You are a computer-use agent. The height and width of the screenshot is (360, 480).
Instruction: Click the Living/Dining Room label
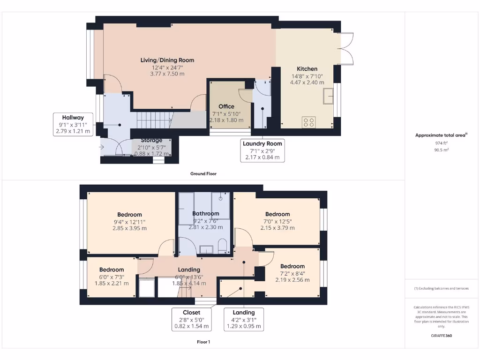tap(167, 60)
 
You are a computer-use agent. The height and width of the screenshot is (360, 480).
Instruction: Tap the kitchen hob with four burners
tap(309, 122)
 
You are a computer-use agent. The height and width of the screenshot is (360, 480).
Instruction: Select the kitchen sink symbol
tap(328, 96)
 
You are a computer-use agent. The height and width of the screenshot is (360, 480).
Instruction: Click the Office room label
tap(226, 106)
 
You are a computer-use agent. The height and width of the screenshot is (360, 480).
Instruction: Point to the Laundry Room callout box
tap(262, 150)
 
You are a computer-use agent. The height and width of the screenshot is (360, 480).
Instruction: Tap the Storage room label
tap(151, 140)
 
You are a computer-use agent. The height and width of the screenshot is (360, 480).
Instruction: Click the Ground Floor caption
tap(203, 173)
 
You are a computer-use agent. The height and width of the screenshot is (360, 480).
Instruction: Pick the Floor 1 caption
tap(203, 342)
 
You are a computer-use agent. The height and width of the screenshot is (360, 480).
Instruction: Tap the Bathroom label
tap(206, 214)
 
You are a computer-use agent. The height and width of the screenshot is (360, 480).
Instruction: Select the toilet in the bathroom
tap(223, 246)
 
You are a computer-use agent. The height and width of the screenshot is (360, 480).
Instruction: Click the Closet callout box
tap(192, 319)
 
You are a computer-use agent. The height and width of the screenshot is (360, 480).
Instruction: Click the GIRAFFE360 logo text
tap(441, 336)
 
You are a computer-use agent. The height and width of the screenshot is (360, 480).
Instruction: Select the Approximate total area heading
tap(441, 135)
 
